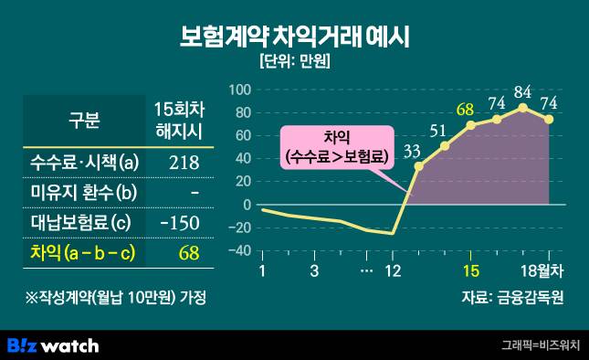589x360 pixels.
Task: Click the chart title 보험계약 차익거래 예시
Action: (x=294, y=37)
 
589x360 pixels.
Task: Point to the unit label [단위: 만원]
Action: (x=294, y=63)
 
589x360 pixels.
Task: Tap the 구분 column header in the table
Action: (x=84, y=121)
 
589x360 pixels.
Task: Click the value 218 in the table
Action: (x=184, y=163)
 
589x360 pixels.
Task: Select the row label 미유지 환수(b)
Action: (x=81, y=193)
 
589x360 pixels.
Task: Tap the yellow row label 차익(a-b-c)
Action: (x=81, y=252)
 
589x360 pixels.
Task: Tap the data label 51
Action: (x=438, y=130)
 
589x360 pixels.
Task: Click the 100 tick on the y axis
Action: (x=239, y=90)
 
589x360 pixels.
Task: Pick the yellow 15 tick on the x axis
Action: (x=471, y=270)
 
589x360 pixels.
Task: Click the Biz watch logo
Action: (x=53, y=344)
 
